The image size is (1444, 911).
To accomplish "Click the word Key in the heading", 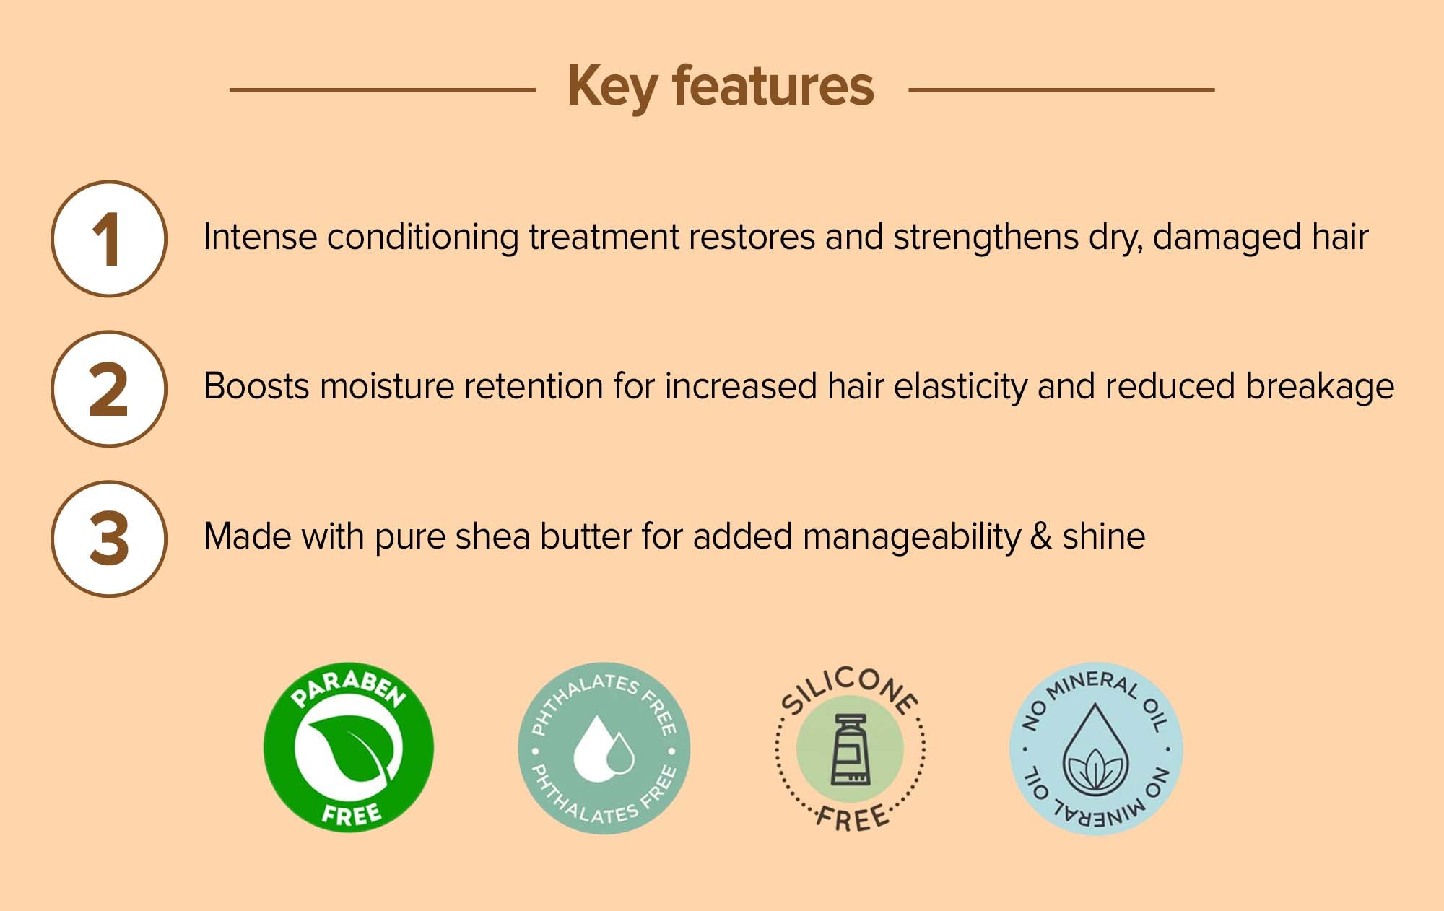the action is [x=612, y=87].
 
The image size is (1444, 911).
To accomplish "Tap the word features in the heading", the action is [x=773, y=85].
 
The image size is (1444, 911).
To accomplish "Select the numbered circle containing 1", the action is [x=109, y=238].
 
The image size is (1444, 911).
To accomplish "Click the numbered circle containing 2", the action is [x=109, y=388].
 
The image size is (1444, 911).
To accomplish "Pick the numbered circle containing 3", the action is [x=109, y=539].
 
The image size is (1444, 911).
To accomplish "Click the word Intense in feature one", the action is [x=260, y=237].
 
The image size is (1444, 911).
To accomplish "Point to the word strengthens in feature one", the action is [x=986, y=237].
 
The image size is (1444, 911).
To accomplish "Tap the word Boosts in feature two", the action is [x=256, y=386].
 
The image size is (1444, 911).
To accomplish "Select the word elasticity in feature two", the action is [x=960, y=388].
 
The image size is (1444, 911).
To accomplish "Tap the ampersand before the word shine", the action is [x=1041, y=537].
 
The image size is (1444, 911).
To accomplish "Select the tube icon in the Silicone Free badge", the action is [x=850, y=749].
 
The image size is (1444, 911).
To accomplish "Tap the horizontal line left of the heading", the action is [x=383, y=90].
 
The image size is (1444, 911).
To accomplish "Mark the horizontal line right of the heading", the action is [x=1061, y=90].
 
